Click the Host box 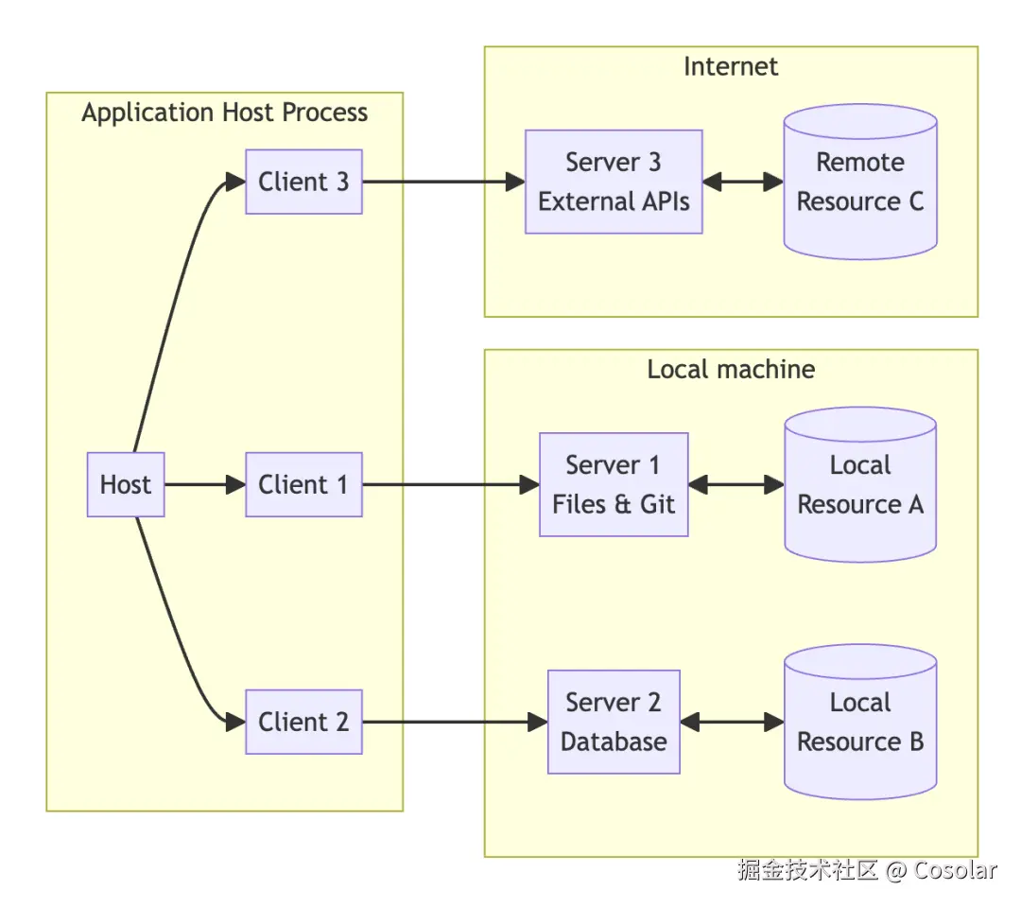click(x=126, y=484)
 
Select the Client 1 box click(x=303, y=484)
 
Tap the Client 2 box click(x=303, y=722)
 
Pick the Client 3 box click(x=303, y=182)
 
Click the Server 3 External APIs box click(x=614, y=182)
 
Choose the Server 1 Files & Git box click(x=614, y=484)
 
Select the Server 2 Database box click(x=614, y=722)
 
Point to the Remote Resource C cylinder click(x=860, y=182)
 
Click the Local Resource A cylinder click(x=860, y=484)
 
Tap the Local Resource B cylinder click(x=860, y=722)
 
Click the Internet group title click(x=731, y=66)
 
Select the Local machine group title click(x=731, y=369)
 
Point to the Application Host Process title click(x=224, y=113)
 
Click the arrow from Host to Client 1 click(x=204, y=484)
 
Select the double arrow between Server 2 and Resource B click(x=733, y=722)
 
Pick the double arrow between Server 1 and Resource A click(x=736, y=484)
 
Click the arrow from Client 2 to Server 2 click(x=454, y=722)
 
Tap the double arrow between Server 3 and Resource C click(x=743, y=182)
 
